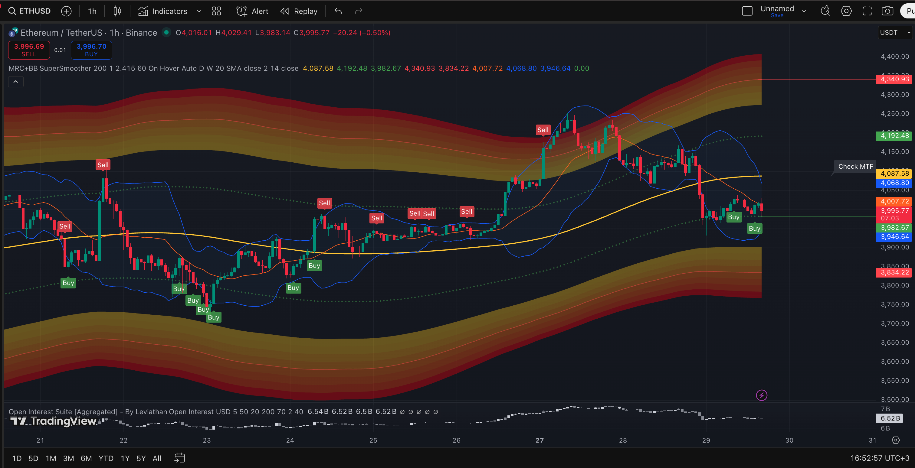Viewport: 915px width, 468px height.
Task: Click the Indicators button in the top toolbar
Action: click(163, 11)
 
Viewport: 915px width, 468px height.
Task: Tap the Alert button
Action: click(253, 11)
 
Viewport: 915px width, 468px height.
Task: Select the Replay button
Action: click(299, 11)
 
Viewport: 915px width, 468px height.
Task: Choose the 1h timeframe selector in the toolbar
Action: click(92, 11)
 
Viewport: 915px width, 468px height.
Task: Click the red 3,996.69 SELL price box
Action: click(29, 50)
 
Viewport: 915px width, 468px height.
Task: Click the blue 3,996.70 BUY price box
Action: click(91, 50)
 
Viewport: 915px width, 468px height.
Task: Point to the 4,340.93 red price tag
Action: click(894, 79)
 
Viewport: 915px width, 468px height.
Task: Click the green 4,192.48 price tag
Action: click(894, 135)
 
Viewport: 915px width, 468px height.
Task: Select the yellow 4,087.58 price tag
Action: click(894, 174)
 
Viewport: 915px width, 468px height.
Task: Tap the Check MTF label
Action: click(855, 166)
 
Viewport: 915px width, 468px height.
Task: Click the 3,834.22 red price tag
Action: click(894, 272)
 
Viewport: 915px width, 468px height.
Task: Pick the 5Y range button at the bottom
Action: click(141, 458)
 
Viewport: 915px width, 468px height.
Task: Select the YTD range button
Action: click(106, 458)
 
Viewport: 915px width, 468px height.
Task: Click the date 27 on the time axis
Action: click(539, 440)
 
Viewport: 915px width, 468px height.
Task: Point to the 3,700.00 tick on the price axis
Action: click(894, 323)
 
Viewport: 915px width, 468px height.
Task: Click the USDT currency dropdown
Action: click(894, 33)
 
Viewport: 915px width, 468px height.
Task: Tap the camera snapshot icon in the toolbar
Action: click(887, 11)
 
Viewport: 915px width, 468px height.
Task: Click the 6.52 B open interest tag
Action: click(890, 418)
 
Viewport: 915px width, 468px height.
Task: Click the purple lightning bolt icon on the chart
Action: click(762, 395)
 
